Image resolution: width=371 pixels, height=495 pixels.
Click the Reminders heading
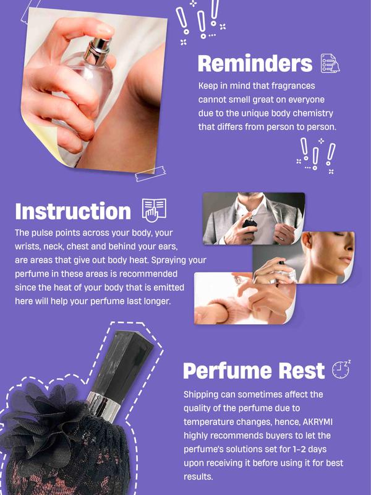[x=255, y=64]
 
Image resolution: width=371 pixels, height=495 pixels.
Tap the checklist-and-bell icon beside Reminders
[x=330, y=64]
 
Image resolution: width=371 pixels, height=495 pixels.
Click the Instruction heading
[x=73, y=211]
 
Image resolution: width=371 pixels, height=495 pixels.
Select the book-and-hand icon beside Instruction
[x=154, y=210]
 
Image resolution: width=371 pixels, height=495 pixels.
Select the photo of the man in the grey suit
[x=254, y=218]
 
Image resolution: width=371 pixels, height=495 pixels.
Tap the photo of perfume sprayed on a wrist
[x=245, y=298]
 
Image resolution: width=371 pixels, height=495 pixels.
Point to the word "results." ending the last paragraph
[x=198, y=476]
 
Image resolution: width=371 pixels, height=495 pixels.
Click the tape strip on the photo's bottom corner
[x=150, y=174]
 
